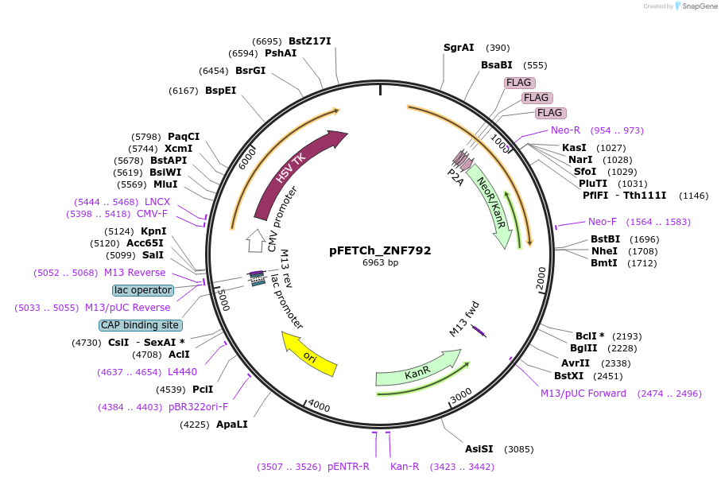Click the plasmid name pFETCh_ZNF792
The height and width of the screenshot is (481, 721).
coord(380,250)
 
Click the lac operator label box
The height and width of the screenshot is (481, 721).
coord(142,290)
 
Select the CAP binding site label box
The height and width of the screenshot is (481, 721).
coord(140,325)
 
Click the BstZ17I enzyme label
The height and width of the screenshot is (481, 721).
coord(309,41)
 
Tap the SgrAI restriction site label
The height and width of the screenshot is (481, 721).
coord(459,48)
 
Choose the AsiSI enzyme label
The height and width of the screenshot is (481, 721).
coord(479,448)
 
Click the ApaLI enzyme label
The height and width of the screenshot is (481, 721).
coord(232,424)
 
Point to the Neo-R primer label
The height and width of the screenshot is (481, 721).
coord(565,130)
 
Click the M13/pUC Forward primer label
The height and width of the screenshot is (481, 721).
coord(583,394)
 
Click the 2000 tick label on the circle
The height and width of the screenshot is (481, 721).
coord(541,280)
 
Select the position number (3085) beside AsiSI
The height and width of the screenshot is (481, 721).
coord(519,449)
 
